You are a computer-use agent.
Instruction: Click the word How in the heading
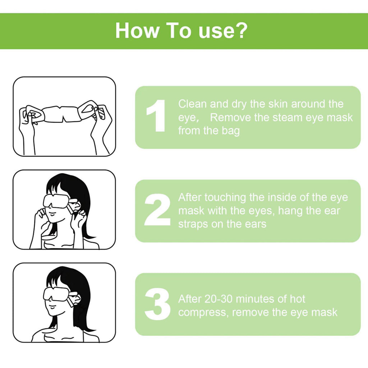pos(137,31)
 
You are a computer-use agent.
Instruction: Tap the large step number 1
pos(157,116)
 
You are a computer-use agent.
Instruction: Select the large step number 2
pos(157,210)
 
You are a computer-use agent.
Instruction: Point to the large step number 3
pos(157,304)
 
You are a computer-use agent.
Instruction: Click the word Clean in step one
pos(193,104)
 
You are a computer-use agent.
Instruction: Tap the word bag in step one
pos(230,130)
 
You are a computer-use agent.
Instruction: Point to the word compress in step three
pos(203,312)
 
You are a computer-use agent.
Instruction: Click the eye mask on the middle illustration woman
pos(56,201)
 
